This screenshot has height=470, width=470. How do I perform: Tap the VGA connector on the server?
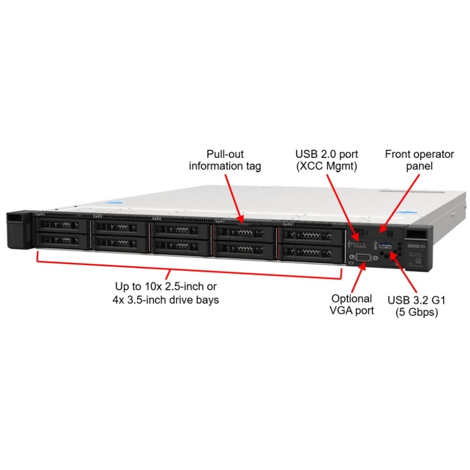click(363, 257)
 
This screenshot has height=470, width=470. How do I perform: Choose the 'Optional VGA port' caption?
click(352, 304)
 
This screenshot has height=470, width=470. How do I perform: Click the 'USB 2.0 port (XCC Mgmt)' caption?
click(326, 160)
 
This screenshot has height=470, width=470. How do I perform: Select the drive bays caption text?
click(166, 293)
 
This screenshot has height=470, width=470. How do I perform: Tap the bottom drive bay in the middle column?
click(181, 246)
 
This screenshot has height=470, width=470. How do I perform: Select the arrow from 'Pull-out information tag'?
click(234, 197)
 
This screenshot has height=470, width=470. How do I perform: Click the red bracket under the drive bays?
click(188, 272)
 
